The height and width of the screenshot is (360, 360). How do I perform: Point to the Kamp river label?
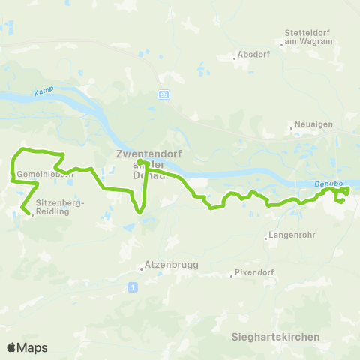pyautogui.click(x=40, y=92)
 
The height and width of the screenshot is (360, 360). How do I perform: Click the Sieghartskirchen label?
pyautogui.click(x=275, y=337)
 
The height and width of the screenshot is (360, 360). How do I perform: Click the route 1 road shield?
pyautogui.click(x=132, y=286)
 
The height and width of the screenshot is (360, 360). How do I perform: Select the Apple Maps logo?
pyautogui.click(x=27, y=347)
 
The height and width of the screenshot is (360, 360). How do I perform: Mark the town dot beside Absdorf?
pyautogui.click(x=232, y=55)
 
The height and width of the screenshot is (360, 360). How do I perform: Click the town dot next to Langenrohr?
pyautogui.click(x=267, y=240)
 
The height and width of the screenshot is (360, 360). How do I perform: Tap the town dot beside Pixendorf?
pyautogui.click(x=232, y=274)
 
